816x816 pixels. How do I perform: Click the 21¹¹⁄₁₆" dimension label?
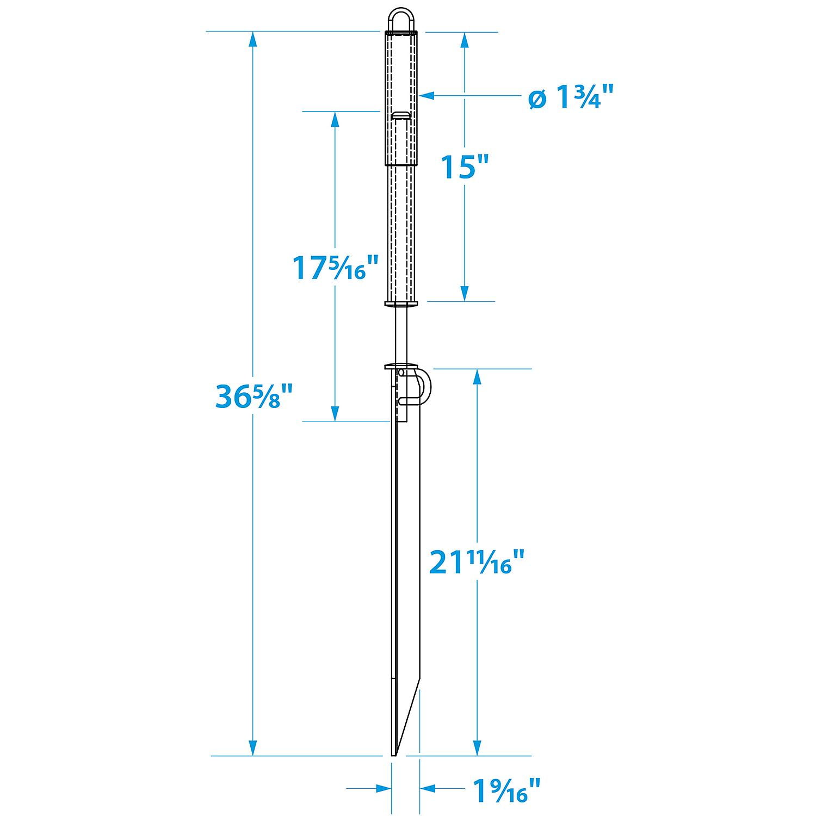pyautogui.click(x=477, y=562)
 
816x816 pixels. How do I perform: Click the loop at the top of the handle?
pyautogui.click(x=401, y=21)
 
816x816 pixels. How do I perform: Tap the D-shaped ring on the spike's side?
pyautogui.click(x=423, y=387)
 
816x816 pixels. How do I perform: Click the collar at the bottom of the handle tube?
pyautogui.click(x=401, y=304)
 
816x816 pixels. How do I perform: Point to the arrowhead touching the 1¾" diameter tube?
pyautogui.click(x=426, y=96)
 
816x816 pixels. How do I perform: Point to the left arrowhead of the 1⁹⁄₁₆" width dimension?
pyautogui.click(x=384, y=803)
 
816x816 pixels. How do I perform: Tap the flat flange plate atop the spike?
pyautogui.click(x=401, y=367)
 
